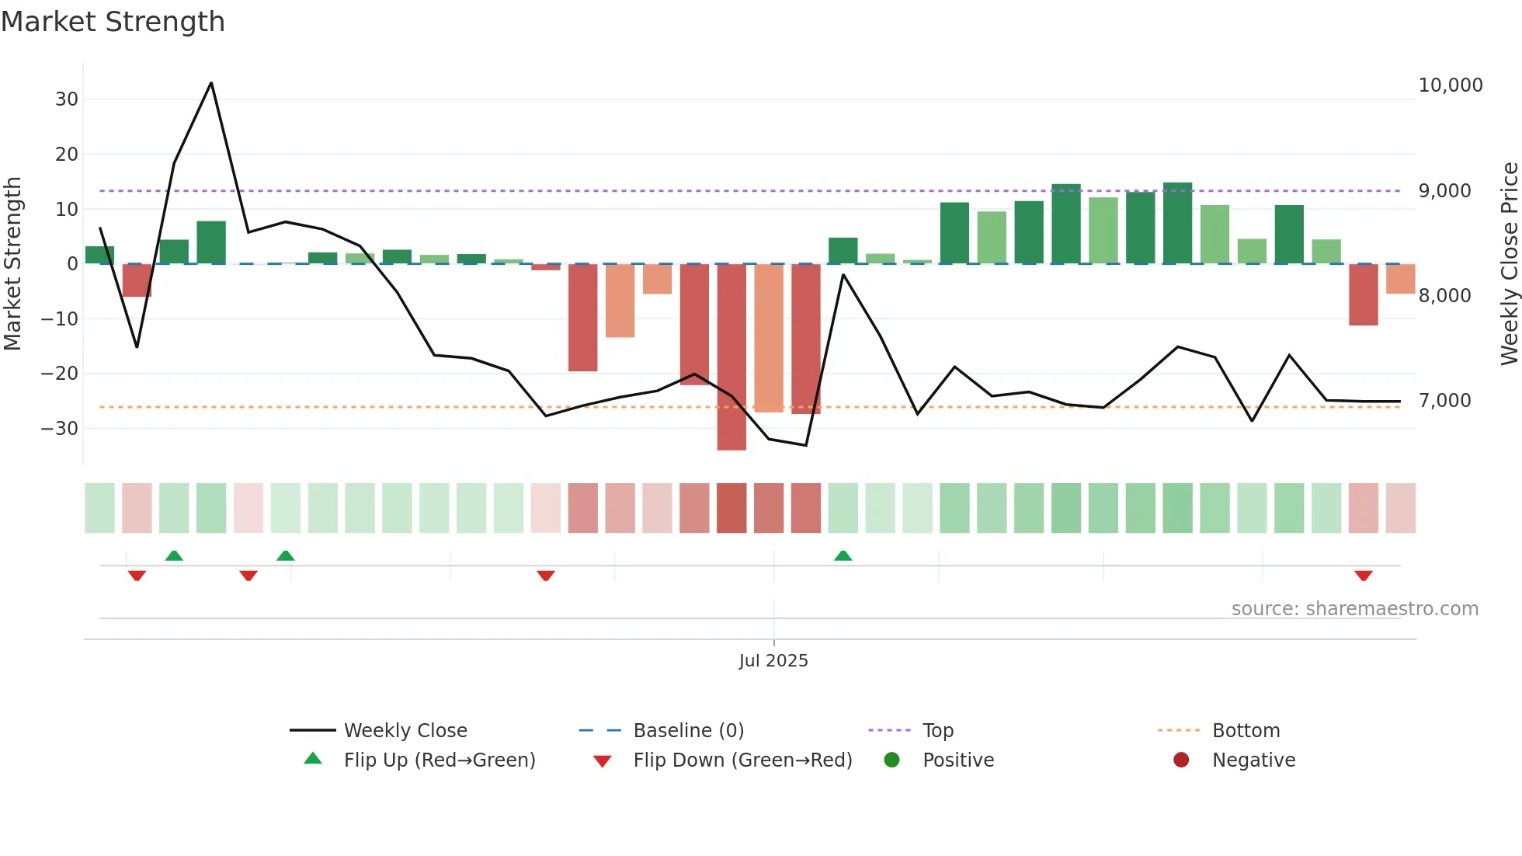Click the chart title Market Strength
pos(113,22)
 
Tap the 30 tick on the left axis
pos(67,99)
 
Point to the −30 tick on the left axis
pos(60,429)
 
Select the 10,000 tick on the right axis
pos(1450,85)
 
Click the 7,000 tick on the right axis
pos(1444,401)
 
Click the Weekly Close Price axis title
pos(1509,264)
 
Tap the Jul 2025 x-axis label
pos(773,661)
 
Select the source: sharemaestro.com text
pos(1354,609)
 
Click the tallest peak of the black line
pos(211,83)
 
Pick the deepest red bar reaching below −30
pos(731,357)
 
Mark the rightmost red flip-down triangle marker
pos(1363,576)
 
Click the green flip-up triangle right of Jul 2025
pos(843,555)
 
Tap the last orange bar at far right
pos(1400,279)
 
